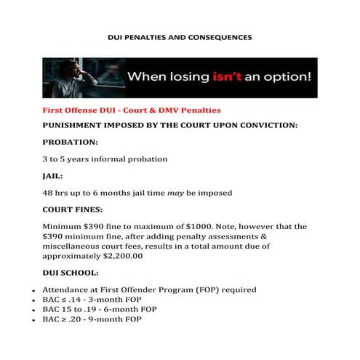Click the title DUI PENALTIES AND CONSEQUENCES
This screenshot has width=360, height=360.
(180, 36)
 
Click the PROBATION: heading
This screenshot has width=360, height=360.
(70, 142)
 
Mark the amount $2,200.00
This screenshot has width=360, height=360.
(119, 256)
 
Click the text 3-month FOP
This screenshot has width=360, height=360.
(111, 299)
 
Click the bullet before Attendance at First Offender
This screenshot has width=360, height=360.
(34, 290)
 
